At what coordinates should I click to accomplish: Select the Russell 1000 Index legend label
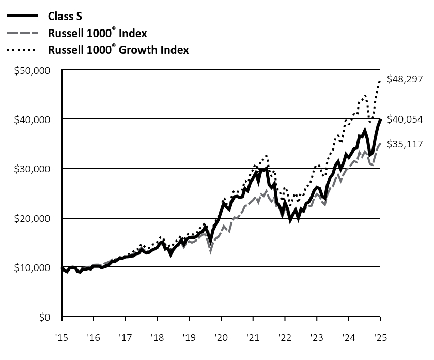coord(97,33)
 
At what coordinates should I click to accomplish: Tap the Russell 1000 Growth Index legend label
coord(118,50)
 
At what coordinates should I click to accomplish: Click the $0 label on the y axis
coord(46,317)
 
